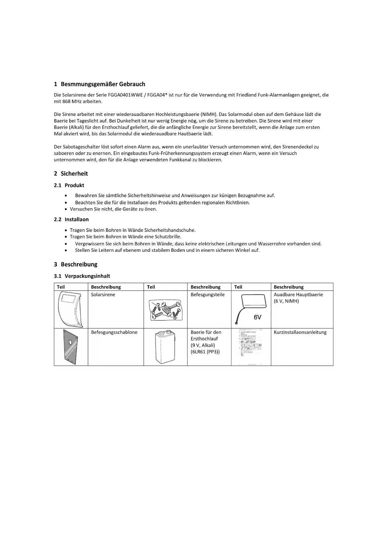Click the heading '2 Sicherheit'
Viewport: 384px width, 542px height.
click(x=71, y=174)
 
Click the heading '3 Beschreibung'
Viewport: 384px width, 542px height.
click(x=76, y=264)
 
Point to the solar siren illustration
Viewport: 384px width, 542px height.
click(x=70, y=309)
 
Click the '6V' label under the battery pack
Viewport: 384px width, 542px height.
click(x=258, y=317)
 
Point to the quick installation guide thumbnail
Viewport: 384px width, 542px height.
click(x=251, y=347)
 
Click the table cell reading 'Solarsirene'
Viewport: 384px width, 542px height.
click(x=103, y=294)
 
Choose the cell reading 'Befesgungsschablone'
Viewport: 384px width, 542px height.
click(x=114, y=332)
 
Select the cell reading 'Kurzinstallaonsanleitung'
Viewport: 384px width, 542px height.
click(x=300, y=332)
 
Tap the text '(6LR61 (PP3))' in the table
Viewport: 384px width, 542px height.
click(x=205, y=352)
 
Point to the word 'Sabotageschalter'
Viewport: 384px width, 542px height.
click(x=82, y=147)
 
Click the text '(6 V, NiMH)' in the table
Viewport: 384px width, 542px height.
click(x=286, y=301)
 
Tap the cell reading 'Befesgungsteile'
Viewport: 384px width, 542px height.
click(x=208, y=294)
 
